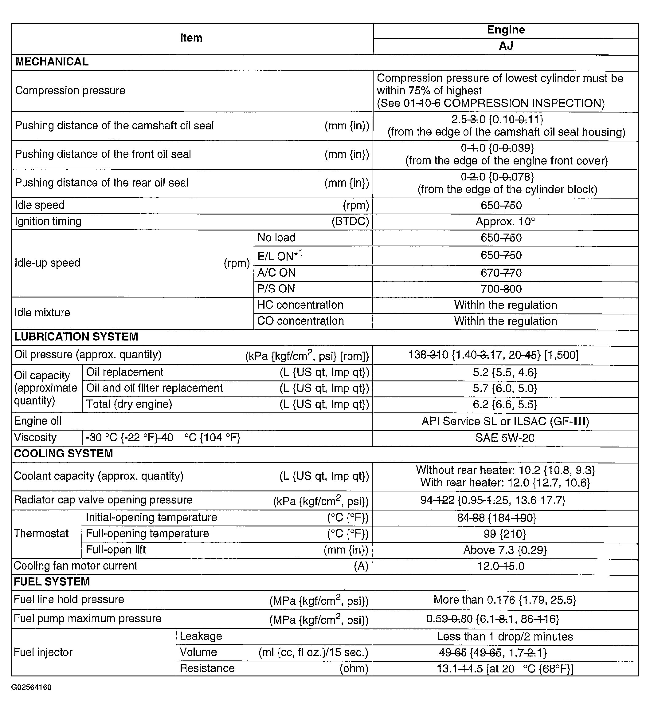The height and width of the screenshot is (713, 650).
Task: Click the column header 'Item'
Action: pyautogui.click(x=191, y=38)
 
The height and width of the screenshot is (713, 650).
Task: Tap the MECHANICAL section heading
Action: pyautogui.click(x=52, y=62)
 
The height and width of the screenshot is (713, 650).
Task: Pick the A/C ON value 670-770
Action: pyautogui.click(x=501, y=273)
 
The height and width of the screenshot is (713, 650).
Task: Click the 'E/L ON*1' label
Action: pyautogui.click(x=280, y=255)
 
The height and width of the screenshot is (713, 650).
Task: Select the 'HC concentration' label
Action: pyautogui.click(x=300, y=305)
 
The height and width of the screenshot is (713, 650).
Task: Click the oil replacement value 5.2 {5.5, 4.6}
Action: pyautogui.click(x=505, y=372)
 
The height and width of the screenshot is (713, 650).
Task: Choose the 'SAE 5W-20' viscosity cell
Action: pyautogui.click(x=505, y=438)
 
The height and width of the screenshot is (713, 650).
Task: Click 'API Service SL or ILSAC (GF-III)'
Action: pyautogui.click(x=505, y=421)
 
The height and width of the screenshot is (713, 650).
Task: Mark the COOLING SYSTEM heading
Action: pyautogui.click(x=63, y=453)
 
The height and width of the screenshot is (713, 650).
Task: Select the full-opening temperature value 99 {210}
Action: pyautogui.click(x=505, y=534)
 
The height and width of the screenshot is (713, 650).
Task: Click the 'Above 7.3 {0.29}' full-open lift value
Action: pyautogui.click(x=505, y=550)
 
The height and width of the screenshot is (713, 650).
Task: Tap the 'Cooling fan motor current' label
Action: pyautogui.click(x=75, y=566)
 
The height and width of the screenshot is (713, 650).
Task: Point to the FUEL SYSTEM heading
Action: pyautogui.click(x=52, y=582)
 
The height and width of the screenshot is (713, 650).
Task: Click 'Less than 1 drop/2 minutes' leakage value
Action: pyautogui.click(x=505, y=636)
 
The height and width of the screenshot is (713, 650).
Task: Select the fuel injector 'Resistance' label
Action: pyautogui.click(x=207, y=668)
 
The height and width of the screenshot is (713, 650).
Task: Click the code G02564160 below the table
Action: pyautogui.click(x=31, y=687)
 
